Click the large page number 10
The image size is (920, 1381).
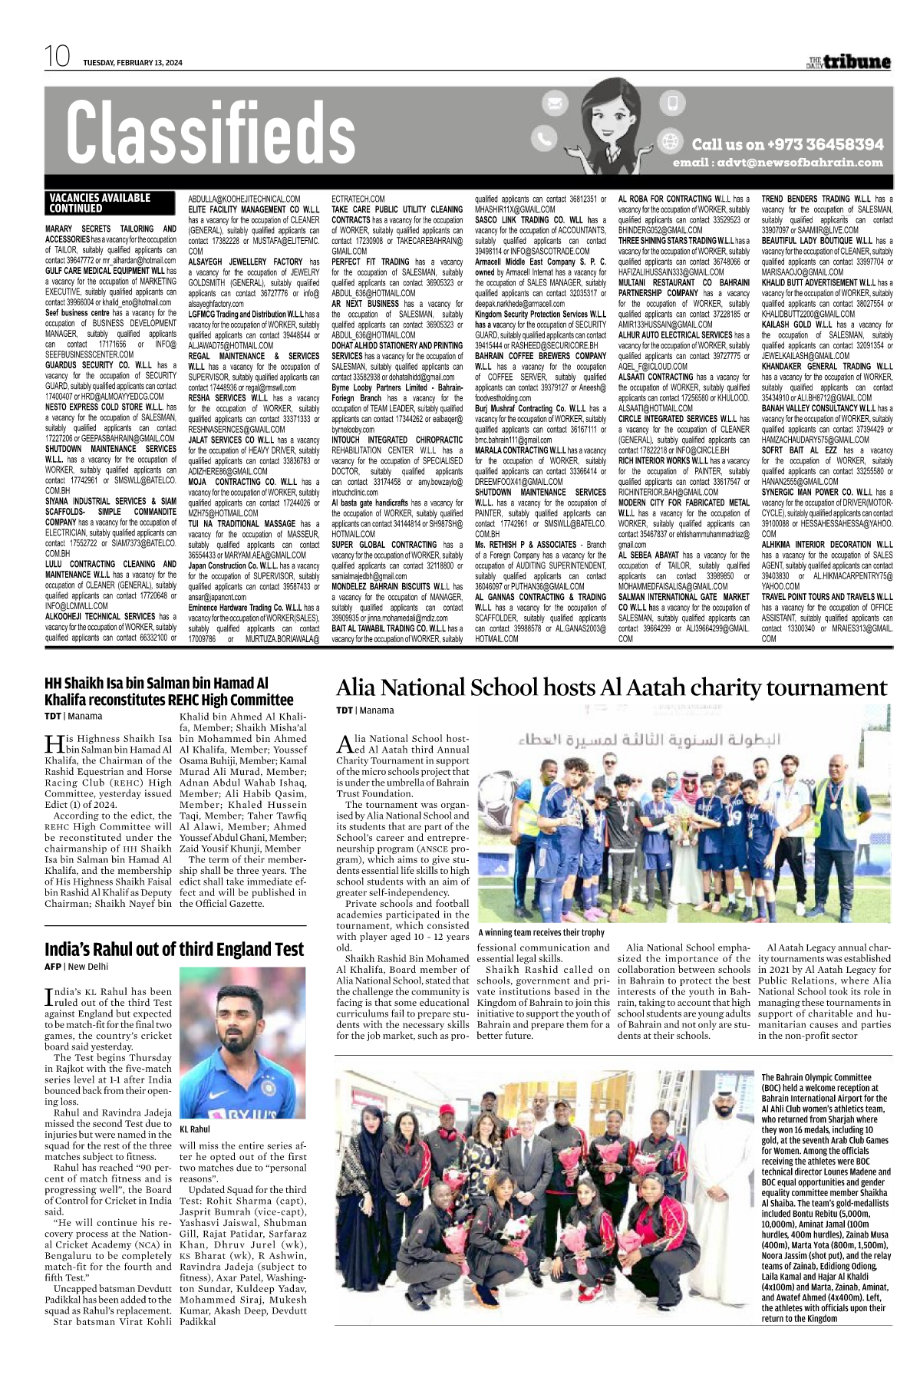click(x=57, y=57)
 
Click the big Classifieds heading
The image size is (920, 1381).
click(x=210, y=134)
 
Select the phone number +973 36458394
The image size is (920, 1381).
click(x=787, y=144)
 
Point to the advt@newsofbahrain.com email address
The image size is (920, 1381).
click(x=777, y=163)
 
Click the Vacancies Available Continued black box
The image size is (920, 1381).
click(x=100, y=203)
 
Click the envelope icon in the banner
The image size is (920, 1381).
click(x=555, y=102)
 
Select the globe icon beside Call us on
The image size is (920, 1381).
click(x=671, y=141)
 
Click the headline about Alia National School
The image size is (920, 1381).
click(x=611, y=687)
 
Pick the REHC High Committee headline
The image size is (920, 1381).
click(x=169, y=691)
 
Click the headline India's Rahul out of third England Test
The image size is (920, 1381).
click(x=174, y=949)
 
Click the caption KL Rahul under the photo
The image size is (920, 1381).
click(x=195, y=1129)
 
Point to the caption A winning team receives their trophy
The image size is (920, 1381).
click(x=541, y=932)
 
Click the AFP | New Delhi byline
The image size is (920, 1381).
click(x=77, y=967)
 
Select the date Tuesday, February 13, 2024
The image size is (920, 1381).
click(x=133, y=63)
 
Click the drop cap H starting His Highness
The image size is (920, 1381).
click(x=54, y=743)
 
